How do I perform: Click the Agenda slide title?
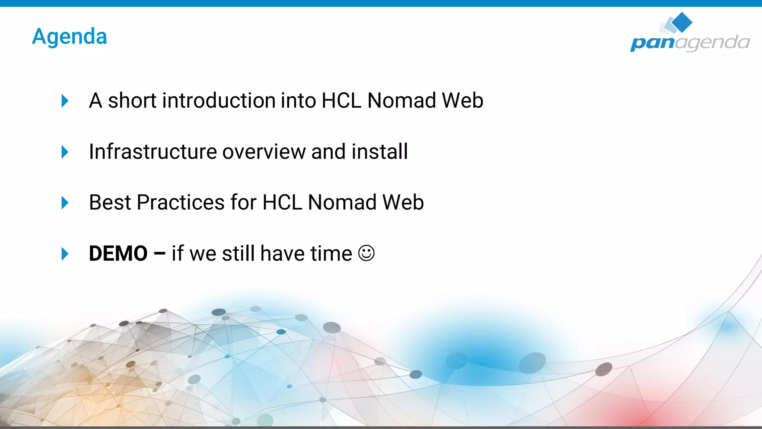70,36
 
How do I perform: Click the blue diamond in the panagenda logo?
682,22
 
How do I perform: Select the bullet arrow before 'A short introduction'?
65,101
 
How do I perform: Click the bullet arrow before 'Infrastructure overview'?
65,152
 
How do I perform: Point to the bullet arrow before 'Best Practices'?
65,203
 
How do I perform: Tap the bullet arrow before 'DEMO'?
65,254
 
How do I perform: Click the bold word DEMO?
118,254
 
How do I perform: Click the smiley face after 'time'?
366,253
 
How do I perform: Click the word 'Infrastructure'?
153,152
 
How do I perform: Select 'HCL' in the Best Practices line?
282,203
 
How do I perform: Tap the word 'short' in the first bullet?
132,101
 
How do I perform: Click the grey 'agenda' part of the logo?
712,42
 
